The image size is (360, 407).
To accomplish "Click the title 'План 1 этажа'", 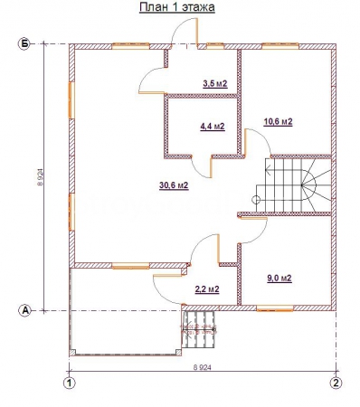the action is [177, 7].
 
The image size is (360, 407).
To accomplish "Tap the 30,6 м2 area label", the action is [174, 185].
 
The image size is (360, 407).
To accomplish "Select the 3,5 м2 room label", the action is [215, 84].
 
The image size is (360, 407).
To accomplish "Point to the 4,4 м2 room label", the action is [213, 127].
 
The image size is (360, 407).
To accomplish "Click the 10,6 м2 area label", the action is [278, 122].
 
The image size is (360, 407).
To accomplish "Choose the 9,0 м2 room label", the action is [279, 278].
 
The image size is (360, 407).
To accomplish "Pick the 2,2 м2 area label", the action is [207, 289].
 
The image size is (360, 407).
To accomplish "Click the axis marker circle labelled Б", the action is [24, 44].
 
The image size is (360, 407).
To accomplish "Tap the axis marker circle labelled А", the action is [25, 310].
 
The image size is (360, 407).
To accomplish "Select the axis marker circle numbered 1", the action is [70, 383].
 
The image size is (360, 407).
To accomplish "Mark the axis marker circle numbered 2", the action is [336, 383].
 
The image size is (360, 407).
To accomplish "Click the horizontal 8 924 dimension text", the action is [202, 367].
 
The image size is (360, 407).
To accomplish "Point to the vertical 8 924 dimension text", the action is [41, 177].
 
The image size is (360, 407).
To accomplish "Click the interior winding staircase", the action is [293, 185].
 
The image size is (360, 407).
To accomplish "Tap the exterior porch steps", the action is [199, 329].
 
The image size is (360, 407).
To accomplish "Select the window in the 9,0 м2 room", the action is [275, 308].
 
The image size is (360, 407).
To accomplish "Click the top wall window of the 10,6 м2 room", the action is [280, 46].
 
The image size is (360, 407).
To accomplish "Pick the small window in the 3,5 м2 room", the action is [215, 46].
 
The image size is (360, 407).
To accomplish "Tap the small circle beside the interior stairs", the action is [256, 199].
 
